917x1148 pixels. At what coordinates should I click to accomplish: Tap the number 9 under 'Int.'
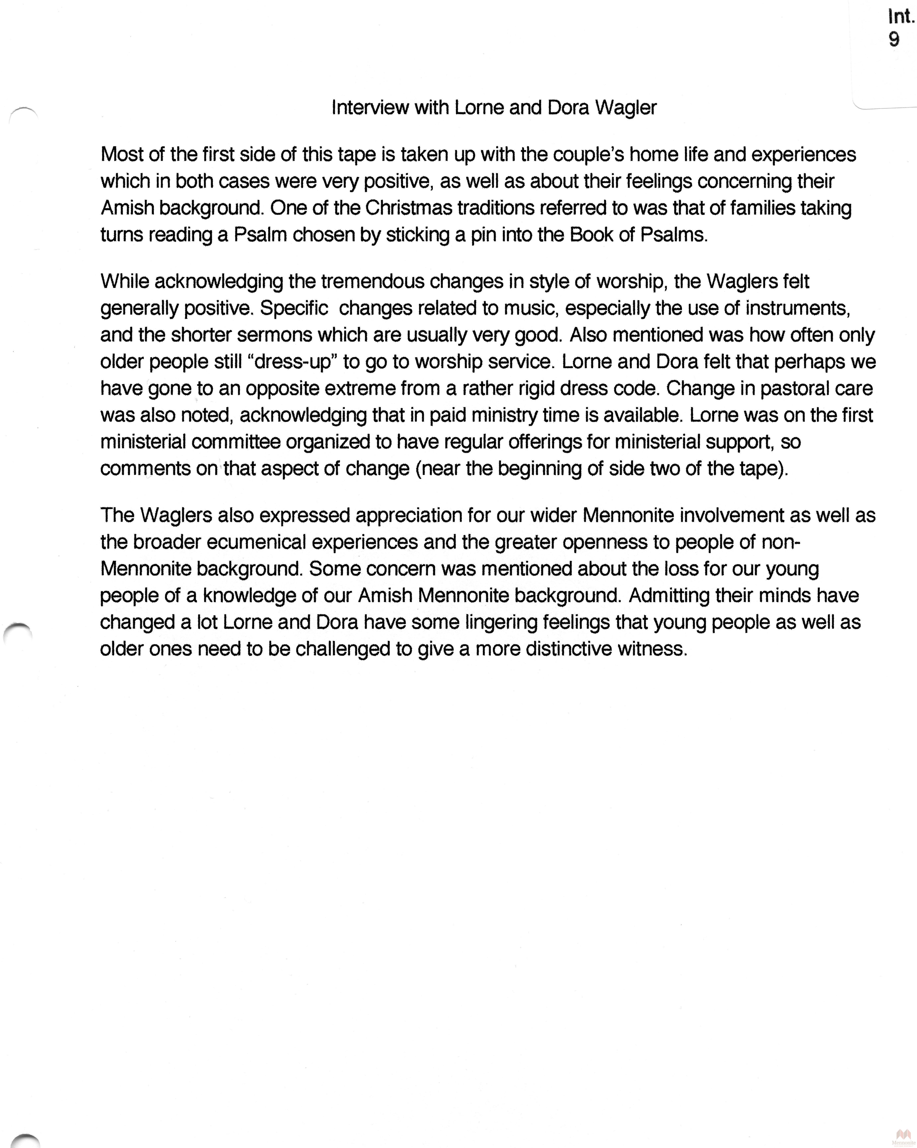click(x=894, y=39)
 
